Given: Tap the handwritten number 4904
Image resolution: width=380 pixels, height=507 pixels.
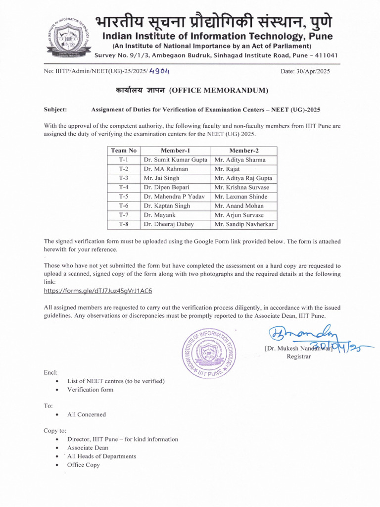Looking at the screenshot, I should pos(159,71).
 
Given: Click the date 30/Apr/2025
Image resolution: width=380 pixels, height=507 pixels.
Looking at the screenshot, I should pos(305,71).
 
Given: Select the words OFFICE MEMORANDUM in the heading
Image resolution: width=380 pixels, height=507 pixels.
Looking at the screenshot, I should pos(219,91).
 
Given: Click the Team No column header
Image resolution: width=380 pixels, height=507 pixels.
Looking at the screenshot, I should pos(124,151).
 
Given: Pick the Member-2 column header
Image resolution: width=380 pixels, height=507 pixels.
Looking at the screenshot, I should pos(244,151).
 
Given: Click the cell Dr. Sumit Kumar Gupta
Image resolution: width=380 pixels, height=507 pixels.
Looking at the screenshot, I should pos(176,160).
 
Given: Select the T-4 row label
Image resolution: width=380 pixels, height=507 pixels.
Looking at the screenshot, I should pos(124,188).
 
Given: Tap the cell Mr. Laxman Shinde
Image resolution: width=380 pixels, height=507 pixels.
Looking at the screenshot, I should pos(240,197).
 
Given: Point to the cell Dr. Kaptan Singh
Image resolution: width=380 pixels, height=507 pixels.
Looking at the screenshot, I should pos(167,206).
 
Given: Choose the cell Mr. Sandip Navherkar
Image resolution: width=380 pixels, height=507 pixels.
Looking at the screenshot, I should pos(244,224).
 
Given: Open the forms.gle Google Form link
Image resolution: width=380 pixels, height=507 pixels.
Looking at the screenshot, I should pos(98,291).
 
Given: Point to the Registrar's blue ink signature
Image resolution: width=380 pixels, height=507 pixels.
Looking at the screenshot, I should pos(297,338).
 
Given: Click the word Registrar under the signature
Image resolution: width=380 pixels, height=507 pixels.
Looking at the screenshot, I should pos(299,357).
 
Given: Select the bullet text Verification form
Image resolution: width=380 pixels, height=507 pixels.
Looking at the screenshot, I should pos(91,390).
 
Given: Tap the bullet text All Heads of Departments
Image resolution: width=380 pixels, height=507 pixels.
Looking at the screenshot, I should pos(102,456).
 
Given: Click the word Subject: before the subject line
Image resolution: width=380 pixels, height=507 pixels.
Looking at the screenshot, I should pos(55,110).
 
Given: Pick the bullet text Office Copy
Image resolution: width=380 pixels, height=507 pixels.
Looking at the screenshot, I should pos(84,465).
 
